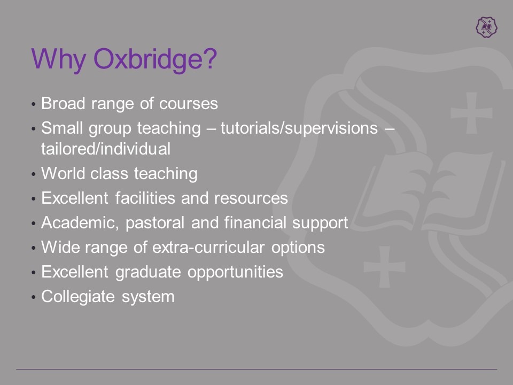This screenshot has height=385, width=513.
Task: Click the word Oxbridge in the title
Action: click(x=155, y=59)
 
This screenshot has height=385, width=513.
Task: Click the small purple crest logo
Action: click(x=486, y=27)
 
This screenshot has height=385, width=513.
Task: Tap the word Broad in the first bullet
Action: click(x=63, y=103)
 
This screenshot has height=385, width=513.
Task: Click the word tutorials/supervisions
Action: click(x=299, y=128)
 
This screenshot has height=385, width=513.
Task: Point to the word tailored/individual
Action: click(x=106, y=149)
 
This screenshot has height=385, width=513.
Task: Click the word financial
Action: click(x=254, y=222)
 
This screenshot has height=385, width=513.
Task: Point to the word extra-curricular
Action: click(x=208, y=247)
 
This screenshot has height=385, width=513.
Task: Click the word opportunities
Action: click(x=235, y=272)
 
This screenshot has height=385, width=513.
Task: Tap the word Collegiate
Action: click(x=78, y=297)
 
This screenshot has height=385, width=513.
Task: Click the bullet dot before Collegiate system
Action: click(x=33, y=297)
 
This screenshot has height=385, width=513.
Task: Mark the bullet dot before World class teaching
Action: click(x=33, y=174)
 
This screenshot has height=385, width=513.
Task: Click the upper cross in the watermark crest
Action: click(x=471, y=113)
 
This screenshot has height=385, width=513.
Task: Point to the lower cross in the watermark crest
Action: click(x=385, y=267)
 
